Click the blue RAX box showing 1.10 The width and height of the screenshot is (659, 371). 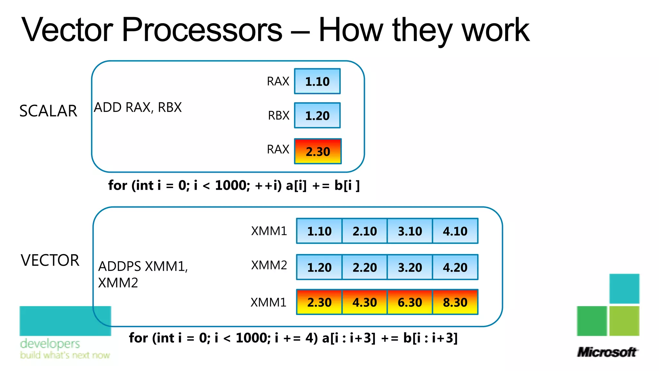click(x=317, y=81)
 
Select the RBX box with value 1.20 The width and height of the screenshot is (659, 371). click(x=317, y=115)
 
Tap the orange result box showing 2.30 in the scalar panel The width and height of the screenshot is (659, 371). click(x=318, y=151)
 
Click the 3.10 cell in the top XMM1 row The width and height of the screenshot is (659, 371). click(x=410, y=231)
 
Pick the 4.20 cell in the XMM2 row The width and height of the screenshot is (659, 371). click(x=455, y=267)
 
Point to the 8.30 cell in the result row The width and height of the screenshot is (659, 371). click(x=455, y=302)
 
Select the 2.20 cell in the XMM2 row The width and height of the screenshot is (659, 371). click(x=365, y=267)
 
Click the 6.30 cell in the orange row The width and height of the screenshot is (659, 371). click(x=410, y=302)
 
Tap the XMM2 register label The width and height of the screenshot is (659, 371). click(x=269, y=265)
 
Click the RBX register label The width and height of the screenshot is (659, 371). click(x=279, y=115)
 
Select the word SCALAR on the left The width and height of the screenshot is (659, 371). click(x=48, y=111)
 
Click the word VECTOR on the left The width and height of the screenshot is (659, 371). click(x=50, y=260)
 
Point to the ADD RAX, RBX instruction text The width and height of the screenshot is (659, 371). click(x=138, y=107)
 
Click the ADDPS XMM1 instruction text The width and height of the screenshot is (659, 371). click(x=143, y=267)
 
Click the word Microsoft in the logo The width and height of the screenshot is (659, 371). click(x=607, y=352)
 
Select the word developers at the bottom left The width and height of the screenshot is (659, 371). click(x=50, y=344)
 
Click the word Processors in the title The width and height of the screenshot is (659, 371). click(x=202, y=30)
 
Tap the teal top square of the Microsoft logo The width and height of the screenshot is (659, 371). click(x=624, y=288)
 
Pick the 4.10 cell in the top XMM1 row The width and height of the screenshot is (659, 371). click(x=455, y=231)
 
